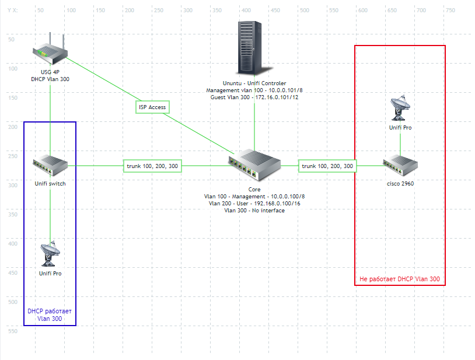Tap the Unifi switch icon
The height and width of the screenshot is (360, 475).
[x=50, y=166]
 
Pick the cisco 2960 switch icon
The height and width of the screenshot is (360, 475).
[x=400, y=166]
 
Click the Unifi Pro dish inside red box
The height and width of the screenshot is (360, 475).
[x=400, y=108]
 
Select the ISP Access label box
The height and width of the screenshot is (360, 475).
[x=152, y=107]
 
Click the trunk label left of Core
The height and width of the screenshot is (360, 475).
[x=152, y=166]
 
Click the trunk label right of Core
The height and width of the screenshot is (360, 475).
[x=327, y=166]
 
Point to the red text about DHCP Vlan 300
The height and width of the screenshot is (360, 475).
[x=400, y=279]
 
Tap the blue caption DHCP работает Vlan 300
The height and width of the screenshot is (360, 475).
[x=50, y=314]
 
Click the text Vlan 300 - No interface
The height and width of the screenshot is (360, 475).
[x=254, y=211]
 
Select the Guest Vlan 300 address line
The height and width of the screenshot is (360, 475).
[x=254, y=97]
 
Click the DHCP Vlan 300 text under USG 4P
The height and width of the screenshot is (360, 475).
[x=50, y=79]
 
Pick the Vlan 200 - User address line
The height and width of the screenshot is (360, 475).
[x=254, y=204]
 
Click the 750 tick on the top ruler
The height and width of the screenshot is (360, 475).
[x=449, y=10]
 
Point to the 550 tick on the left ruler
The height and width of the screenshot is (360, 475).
[x=11, y=331]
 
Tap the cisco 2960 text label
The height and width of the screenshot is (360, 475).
[x=400, y=184]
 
